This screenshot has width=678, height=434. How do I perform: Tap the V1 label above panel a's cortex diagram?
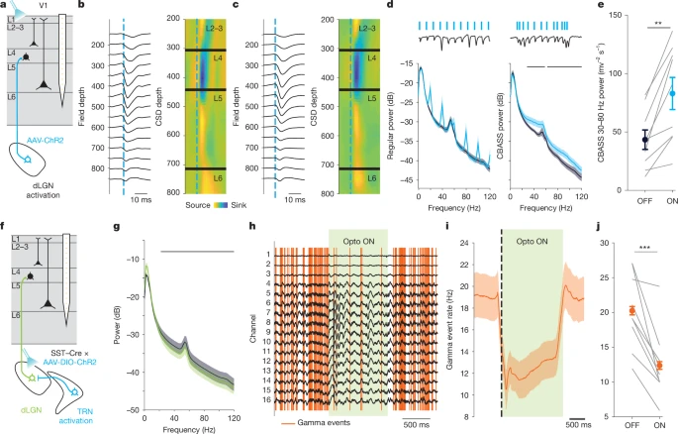[x=40, y=6]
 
